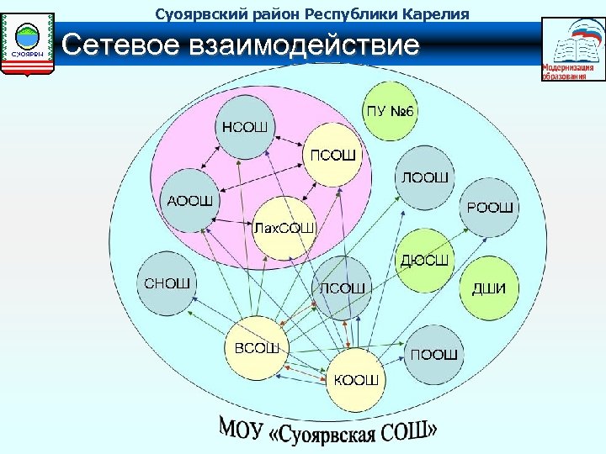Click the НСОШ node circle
[x=244, y=128]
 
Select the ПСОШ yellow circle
[x=334, y=155]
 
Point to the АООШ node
[x=189, y=200]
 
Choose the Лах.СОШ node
[x=284, y=227]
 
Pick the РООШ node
[x=488, y=207]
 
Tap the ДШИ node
[x=488, y=289]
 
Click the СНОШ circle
[x=166, y=282]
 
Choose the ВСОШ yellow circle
[x=256, y=346]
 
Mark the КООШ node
[x=356, y=379]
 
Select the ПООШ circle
[x=434, y=355]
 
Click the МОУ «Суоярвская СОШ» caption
[x=329, y=430]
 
